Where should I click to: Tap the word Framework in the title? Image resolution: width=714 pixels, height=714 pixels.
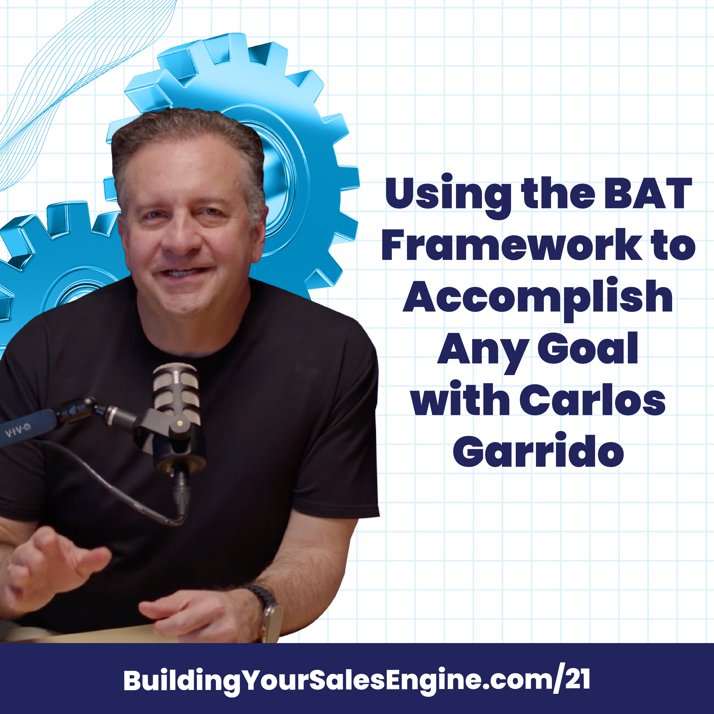click(512, 245)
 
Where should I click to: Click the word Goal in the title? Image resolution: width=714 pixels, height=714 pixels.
click(588, 348)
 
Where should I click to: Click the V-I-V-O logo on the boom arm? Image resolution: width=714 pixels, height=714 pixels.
click(18, 431)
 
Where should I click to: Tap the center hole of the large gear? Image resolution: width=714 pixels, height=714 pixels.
click(275, 170)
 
